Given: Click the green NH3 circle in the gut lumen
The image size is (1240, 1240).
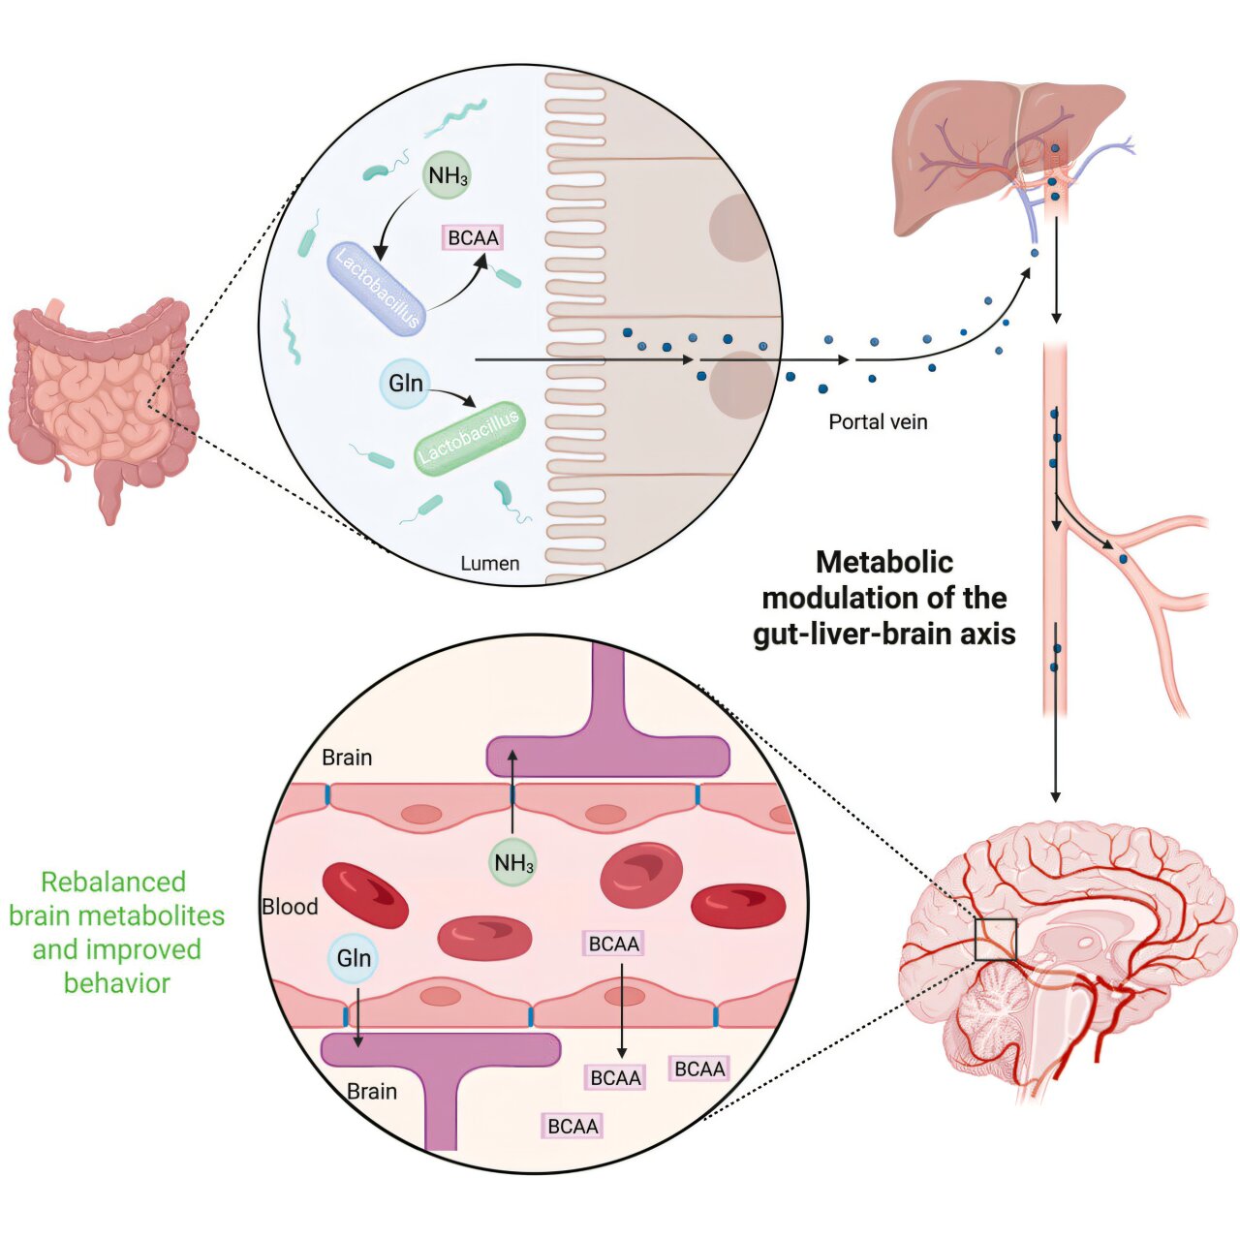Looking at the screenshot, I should point(448,175).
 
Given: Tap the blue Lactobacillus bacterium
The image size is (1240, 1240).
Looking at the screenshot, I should point(376,289).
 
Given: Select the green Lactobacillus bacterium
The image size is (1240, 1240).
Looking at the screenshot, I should point(469,439).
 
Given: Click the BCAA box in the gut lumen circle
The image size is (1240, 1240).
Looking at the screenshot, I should point(474,237).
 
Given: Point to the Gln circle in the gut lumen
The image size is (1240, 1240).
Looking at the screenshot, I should point(405,384).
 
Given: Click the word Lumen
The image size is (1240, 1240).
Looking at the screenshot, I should point(489,563).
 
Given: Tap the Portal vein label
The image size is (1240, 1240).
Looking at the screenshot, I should point(878,421).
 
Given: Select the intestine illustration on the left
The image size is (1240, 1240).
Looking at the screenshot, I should point(102,402).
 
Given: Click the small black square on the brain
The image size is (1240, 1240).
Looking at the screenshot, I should point(995,940).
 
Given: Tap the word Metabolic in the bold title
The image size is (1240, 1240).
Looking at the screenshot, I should point(884,562).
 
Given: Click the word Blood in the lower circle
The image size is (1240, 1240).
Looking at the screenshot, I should point(290,907).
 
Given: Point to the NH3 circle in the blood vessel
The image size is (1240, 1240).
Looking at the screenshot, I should point(512,862).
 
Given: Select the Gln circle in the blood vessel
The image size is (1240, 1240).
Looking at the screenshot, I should point(354,958).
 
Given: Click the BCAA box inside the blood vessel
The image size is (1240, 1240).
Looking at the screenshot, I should point(614,944).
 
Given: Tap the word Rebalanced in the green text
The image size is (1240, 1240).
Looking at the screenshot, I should point(113,882).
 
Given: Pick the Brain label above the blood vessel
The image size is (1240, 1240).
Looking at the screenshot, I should point(347,758).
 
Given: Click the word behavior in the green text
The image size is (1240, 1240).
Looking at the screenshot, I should point(116,983).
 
